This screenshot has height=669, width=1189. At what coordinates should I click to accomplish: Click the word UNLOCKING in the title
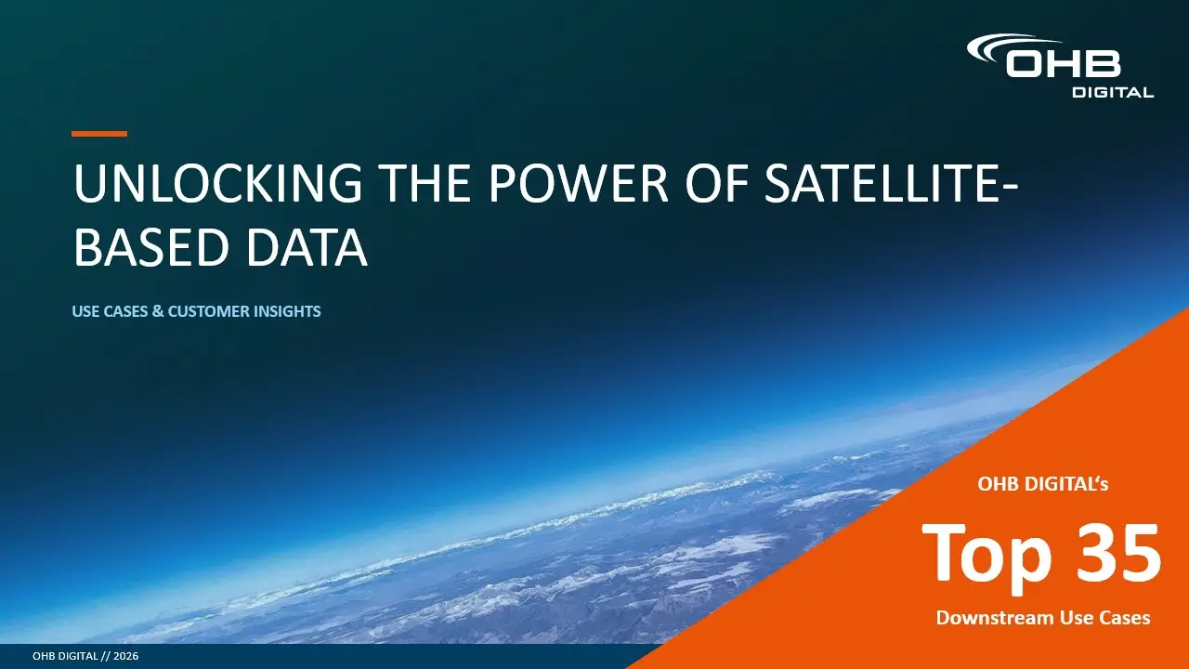pos(217,183)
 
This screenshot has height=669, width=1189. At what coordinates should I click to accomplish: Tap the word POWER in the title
pos(578,183)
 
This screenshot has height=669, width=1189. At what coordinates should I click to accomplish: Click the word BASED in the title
pos(150,247)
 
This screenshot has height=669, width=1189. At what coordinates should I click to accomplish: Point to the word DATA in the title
pos(307,247)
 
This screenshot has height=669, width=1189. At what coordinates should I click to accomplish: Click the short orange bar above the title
pos(99,134)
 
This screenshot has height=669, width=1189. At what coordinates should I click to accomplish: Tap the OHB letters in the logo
pos(1063,64)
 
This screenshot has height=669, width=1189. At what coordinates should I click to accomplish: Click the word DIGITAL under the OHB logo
pos(1113,92)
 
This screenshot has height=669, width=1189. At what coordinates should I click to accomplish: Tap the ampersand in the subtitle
pos(158,311)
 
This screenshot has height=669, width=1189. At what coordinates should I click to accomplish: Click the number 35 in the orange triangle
pos(1117,553)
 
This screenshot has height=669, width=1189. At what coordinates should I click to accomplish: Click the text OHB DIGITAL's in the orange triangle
pos(1042,484)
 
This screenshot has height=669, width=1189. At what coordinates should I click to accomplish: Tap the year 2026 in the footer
pos(125,656)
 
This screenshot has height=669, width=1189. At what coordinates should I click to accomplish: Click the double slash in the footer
pos(106,656)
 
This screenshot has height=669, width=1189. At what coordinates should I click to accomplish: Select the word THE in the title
pos(425,183)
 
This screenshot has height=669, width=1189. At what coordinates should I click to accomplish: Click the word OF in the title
pos(716,183)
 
